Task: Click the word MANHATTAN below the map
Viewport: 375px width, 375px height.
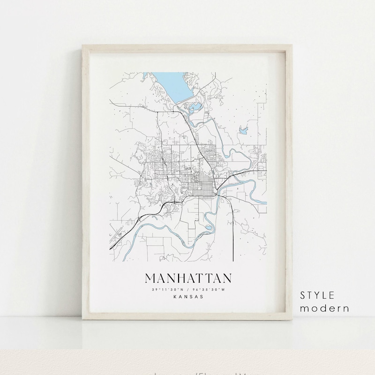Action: [x=188, y=278]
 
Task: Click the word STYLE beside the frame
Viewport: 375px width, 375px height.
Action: [x=318, y=295]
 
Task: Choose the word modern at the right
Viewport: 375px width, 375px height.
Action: [x=324, y=308]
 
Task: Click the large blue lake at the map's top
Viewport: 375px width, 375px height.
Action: [x=173, y=84]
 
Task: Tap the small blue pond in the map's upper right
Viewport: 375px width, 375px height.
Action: [x=243, y=130]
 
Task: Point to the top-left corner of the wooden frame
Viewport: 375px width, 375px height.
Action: [x=82, y=45]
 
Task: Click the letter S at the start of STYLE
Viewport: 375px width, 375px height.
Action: [x=303, y=295]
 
